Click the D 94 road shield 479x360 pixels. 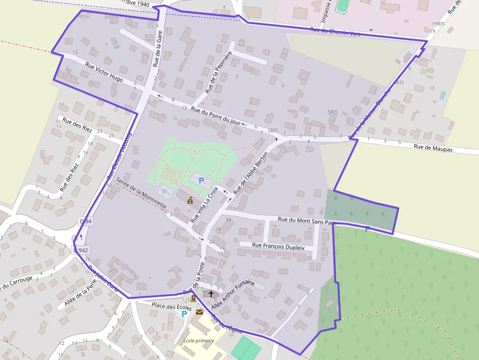pos(86,221)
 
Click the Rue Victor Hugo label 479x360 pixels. pos(104,71)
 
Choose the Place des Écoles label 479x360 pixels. pos(157,306)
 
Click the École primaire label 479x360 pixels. pos(199,340)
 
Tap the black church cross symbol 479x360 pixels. pos(211,294)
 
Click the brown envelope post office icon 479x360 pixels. pos(199,312)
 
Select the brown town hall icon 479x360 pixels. pos(190,200)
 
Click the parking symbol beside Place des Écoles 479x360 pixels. pos(184,314)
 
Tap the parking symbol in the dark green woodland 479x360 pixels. pos(367,229)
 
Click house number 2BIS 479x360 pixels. pos(273,130)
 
